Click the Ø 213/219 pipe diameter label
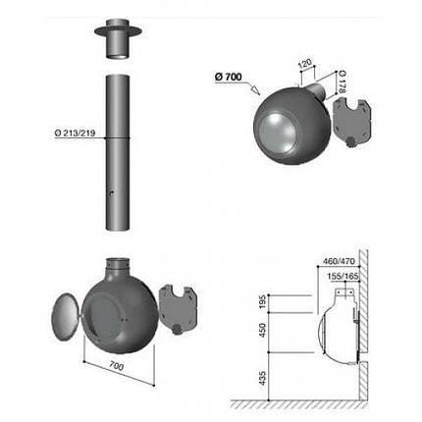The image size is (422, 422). click(75, 133)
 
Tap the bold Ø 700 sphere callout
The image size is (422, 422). click(229, 78)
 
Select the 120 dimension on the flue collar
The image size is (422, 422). click(305, 64)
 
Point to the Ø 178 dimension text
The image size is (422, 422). click(343, 81)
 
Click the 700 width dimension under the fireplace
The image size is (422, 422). click(117, 366)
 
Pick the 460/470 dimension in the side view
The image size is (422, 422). click(339, 261)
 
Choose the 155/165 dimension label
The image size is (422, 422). click(343, 276)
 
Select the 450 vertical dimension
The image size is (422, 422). click(263, 331)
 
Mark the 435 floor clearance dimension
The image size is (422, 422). click(263, 378)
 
